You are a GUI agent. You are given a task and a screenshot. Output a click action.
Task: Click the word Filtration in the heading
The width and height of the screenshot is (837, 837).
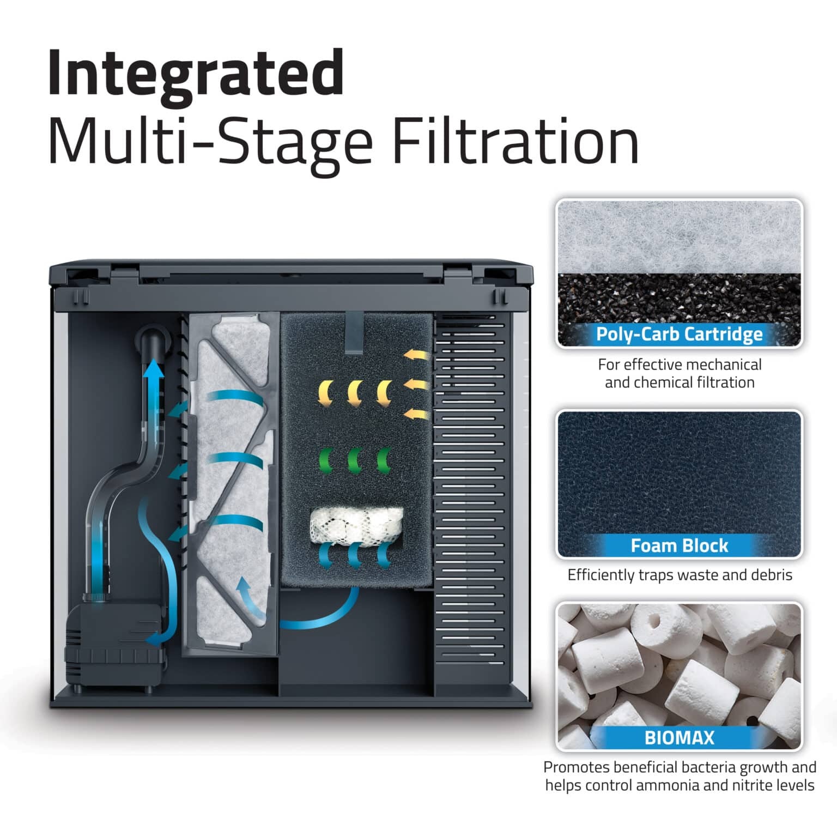click(x=515, y=143)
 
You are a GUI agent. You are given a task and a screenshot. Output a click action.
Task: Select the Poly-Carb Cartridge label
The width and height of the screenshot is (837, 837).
click(x=679, y=333)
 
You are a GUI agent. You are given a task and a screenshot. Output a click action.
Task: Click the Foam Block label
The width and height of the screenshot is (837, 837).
click(x=679, y=545)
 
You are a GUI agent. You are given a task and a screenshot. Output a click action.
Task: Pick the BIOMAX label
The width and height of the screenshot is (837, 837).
click(x=679, y=738)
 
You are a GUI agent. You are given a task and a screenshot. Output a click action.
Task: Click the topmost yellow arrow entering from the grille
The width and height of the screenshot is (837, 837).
click(x=416, y=356)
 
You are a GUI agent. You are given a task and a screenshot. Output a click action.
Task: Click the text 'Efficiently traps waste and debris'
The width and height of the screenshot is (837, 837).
click(x=679, y=575)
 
